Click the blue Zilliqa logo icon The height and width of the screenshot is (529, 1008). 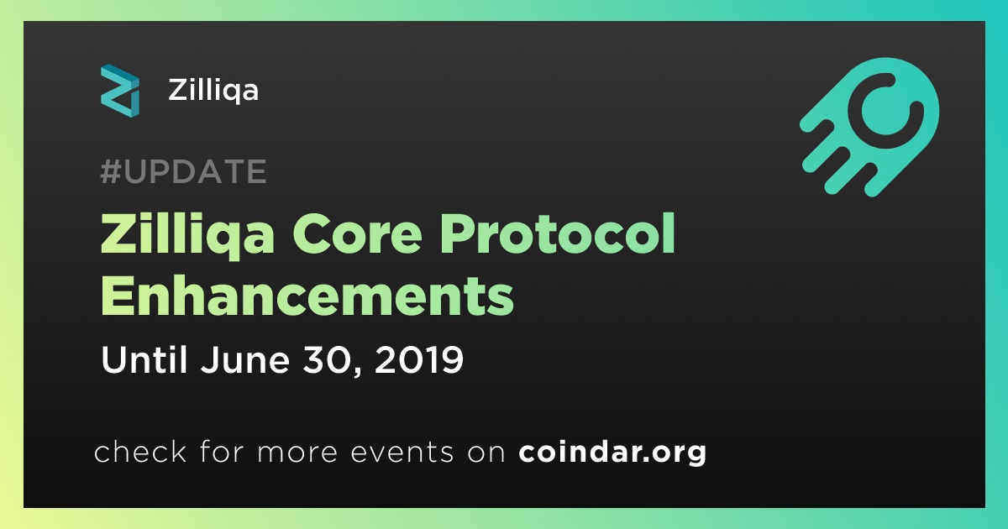coord(120,91)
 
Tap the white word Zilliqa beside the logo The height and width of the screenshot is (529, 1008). coord(213,92)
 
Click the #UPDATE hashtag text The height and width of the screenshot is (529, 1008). coord(183,171)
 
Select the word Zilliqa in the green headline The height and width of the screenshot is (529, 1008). coord(187,236)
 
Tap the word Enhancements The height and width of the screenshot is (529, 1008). coord(307,295)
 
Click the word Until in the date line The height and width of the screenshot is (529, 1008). coord(144,359)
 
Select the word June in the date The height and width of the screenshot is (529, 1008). coord(245,360)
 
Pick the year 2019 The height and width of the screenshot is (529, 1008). coord(419,360)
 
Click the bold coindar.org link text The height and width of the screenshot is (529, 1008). coord(612,452)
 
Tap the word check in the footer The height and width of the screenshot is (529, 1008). coord(140,451)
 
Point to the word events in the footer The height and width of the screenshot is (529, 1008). coord(402,453)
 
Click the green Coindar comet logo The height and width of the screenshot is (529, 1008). coord(869,127)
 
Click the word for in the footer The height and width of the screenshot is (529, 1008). coord(222,451)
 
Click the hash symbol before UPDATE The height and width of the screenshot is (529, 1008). coord(110,171)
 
